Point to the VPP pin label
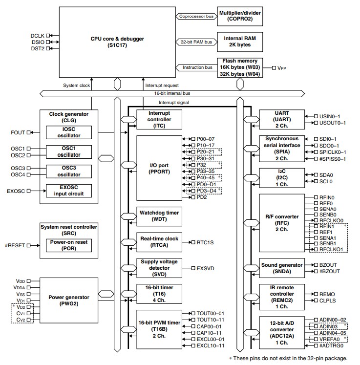click(282, 68)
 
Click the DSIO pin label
click(38, 42)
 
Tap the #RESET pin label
click(15, 245)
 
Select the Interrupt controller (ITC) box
click(152, 120)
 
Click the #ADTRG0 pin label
click(332, 345)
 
